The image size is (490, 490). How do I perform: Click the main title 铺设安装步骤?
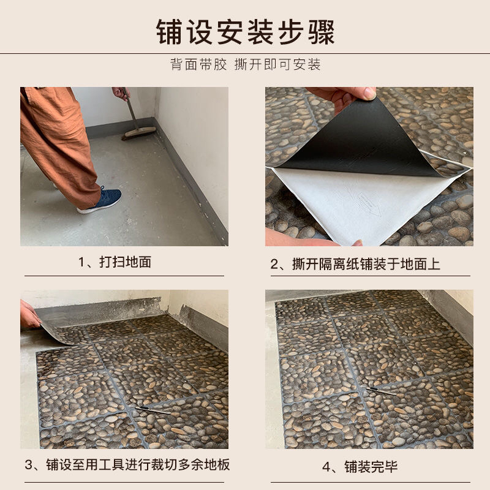coord(246,32)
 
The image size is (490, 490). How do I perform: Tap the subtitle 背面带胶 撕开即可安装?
coord(246,64)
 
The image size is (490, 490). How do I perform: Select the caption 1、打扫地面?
coord(115,262)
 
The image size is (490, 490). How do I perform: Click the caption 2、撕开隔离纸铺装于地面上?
coord(355,264)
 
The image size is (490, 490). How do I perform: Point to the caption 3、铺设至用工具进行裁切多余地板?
coord(127,465)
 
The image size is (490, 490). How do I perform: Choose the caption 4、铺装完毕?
coord(360,467)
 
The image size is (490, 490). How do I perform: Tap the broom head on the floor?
coord(138,132)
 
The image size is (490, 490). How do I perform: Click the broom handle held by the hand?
coord(130,110)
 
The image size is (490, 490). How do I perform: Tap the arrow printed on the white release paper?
coord(369,204)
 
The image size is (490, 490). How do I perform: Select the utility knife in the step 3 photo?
coord(153,410)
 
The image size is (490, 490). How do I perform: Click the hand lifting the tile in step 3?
coord(29,315)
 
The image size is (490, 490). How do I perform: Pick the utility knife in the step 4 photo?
coord(380,391)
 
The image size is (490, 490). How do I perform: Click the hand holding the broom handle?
coord(120,93)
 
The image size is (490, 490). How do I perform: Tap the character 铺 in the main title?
coord(169,32)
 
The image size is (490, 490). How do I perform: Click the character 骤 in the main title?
coord(322,32)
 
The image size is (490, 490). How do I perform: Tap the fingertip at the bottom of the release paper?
coord(357,243)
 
